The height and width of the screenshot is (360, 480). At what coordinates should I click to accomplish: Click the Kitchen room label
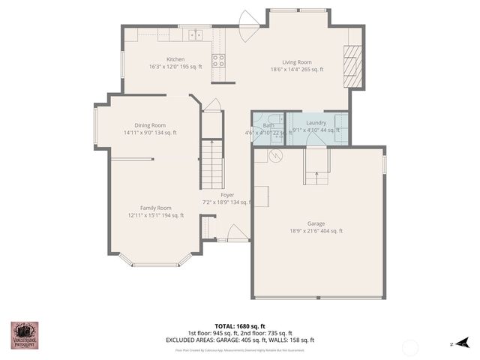(x=175, y=59)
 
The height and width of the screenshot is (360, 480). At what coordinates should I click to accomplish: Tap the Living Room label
(x=297, y=62)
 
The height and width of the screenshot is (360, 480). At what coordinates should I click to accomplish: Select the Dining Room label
(x=150, y=125)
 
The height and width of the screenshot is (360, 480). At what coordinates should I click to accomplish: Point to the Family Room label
(x=155, y=208)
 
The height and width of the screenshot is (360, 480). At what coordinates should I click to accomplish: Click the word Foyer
(x=227, y=195)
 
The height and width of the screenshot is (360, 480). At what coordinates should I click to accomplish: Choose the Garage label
(x=316, y=223)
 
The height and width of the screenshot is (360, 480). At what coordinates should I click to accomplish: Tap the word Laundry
(x=316, y=122)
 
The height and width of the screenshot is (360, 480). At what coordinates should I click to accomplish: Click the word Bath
(x=268, y=125)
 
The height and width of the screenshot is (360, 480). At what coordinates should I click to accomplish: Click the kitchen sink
(x=196, y=34)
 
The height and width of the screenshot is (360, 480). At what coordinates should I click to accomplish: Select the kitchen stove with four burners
(x=218, y=61)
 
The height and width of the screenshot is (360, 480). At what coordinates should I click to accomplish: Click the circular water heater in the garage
(x=274, y=156)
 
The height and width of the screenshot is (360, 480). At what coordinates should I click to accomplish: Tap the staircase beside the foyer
(x=212, y=164)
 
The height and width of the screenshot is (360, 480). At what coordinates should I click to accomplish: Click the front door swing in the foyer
(x=238, y=232)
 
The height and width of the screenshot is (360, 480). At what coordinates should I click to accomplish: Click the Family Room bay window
(x=156, y=260)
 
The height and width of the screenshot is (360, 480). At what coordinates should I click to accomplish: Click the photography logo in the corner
(x=24, y=334)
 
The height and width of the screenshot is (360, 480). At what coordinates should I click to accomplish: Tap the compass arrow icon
(x=465, y=343)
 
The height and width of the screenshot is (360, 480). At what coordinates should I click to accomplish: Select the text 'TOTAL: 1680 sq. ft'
(x=240, y=326)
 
